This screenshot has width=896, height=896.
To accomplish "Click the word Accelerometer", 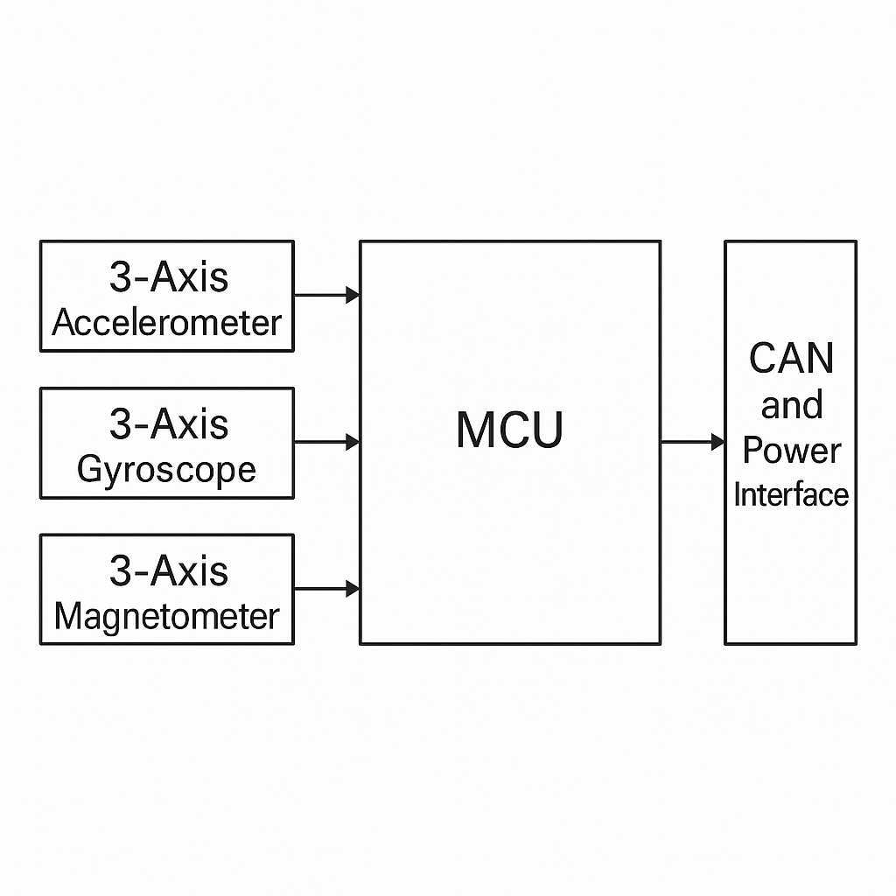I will tap(166, 323).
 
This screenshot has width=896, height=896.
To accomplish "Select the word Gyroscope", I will tap(166, 470).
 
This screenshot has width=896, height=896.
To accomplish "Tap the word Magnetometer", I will tap(166, 617).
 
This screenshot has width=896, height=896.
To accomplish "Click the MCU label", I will tap(510, 430).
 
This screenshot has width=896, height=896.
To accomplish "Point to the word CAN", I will tap(791, 359).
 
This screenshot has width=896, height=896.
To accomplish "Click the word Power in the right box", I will tap(791, 451).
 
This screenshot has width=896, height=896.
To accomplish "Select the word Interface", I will tap(791, 495).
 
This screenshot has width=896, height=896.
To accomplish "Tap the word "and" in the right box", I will tap(791, 405).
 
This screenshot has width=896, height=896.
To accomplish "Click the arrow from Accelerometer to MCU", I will tap(324, 295).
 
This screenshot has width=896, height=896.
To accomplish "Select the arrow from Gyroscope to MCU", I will tap(324, 442).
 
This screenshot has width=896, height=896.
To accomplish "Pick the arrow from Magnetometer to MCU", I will tap(324, 589).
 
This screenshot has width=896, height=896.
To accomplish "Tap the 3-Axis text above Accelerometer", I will tap(168, 277).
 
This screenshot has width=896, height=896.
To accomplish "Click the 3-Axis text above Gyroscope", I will tap(168, 424).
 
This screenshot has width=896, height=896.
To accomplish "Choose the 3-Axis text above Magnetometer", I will tap(168, 571).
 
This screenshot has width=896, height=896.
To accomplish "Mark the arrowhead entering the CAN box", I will tap(717, 442).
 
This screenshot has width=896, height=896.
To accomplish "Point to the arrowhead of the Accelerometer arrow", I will tap(353, 295).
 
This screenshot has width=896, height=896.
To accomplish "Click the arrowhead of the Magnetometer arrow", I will tap(353, 589).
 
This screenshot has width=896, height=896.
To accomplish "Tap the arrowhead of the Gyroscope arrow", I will tap(353, 442).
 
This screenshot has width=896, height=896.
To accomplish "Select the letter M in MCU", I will tap(474, 430).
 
